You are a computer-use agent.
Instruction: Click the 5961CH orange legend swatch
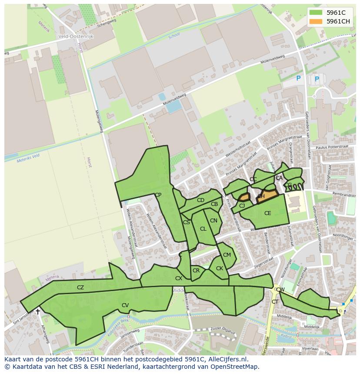(316, 21)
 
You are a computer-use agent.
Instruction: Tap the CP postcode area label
(158, 195)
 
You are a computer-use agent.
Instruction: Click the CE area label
(267, 213)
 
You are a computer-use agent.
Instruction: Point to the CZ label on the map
(80, 288)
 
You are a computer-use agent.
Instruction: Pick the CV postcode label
(125, 305)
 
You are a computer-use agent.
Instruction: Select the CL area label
(203, 229)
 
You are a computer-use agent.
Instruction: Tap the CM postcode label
(227, 255)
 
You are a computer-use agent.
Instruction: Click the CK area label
(219, 268)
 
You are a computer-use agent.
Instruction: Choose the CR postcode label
(196, 271)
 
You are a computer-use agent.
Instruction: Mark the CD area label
(200, 200)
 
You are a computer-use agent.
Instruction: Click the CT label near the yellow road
(275, 302)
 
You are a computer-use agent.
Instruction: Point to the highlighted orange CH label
(261, 196)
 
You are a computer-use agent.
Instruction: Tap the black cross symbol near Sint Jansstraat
(38, 311)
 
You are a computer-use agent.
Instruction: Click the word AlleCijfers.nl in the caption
(226, 360)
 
